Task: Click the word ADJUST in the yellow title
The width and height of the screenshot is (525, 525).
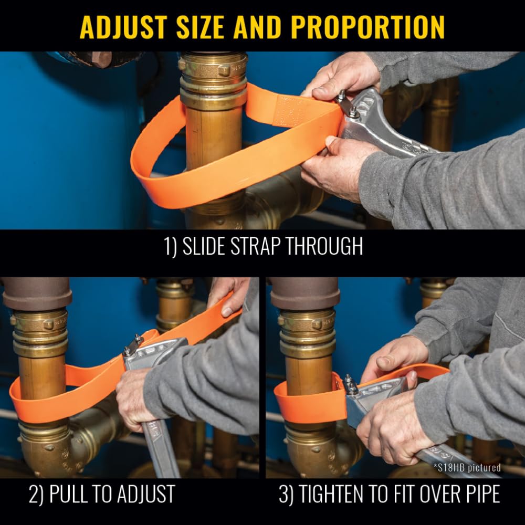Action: pyautogui.click(x=123, y=27)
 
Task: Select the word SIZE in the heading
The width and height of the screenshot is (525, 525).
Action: pyautogui.click(x=200, y=27)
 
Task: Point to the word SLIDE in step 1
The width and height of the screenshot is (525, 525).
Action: pyautogui.click(x=204, y=246)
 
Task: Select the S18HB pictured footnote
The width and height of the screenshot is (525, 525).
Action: pyautogui.click(x=467, y=467)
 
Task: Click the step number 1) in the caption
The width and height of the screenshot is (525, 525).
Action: pyautogui.click(x=170, y=246)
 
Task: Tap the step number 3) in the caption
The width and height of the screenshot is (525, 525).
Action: pyautogui.click(x=286, y=495)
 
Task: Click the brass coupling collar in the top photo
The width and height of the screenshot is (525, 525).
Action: pyautogui.click(x=213, y=80)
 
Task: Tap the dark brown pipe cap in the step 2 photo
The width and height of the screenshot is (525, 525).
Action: pyautogui.click(x=37, y=293)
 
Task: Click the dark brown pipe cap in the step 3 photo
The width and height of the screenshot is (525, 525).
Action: pyautogui.click(x=305, y=293)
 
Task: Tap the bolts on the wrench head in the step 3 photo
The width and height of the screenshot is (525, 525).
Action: pyautogui.click(x=350, y=385)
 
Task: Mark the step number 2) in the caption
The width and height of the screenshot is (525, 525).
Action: pyautogui.click(x=36, y=495)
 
